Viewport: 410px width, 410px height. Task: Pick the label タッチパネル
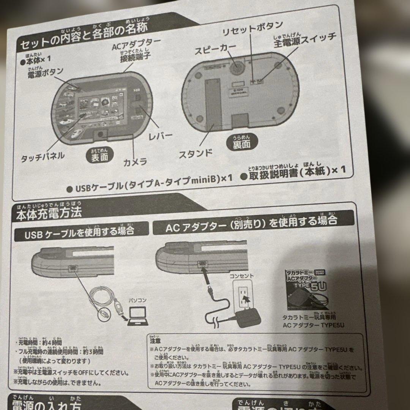(x=43, y=156)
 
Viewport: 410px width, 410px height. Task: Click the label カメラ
(x=135, y=162)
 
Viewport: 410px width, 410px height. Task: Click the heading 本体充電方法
(x=49, y=213)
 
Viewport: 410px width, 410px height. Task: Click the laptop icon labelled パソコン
(x=137, y=315)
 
